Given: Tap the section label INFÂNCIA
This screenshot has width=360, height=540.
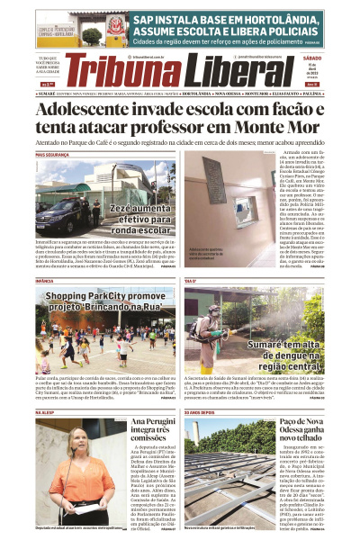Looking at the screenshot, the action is pos(44,282).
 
